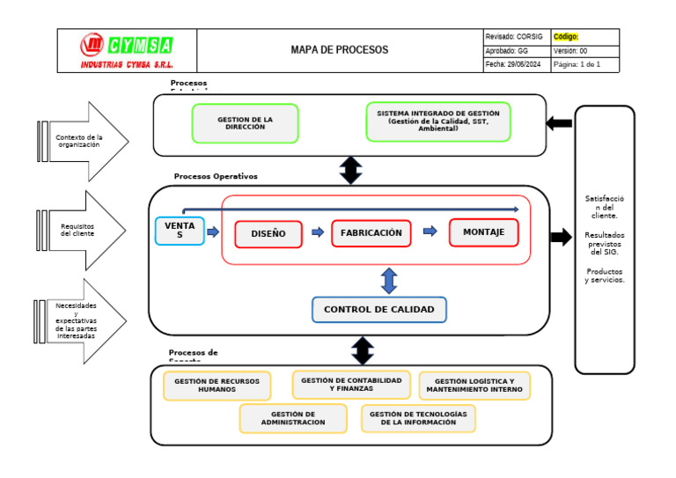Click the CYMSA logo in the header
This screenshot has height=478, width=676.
[127, 50]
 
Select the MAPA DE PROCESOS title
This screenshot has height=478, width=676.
[339, 50]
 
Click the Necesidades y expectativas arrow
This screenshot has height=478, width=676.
[82, 320]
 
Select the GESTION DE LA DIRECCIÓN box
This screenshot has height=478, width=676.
[245, 123]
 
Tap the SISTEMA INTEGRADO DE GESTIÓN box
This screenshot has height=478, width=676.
[437, 121]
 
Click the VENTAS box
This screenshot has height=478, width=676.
[180, 231]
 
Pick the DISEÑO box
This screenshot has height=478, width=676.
[268, 234]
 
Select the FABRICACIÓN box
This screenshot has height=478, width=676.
[371, 233]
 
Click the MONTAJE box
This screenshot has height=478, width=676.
[483, 232]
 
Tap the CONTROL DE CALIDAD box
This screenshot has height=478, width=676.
[378, 310]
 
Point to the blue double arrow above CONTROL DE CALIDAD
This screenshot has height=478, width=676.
[389, 281]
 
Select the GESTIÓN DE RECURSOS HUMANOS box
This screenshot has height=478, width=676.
[217, 386]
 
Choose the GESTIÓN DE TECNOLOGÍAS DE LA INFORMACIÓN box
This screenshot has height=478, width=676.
[418, 418]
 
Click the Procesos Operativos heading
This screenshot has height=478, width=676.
[216, 176]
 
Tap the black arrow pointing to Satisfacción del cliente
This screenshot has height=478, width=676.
[561, 237]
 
